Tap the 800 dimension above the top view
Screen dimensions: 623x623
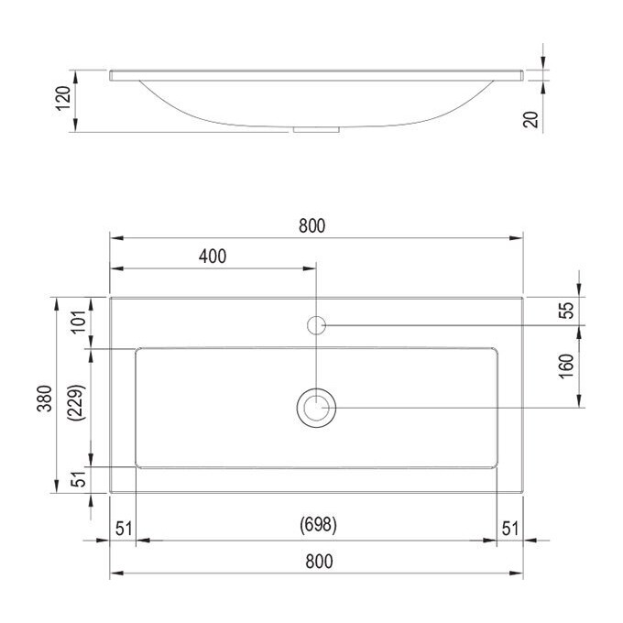pyautogui.click(x=311, y=226)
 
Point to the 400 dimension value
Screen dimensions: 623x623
pyautogui.click(x=212, y=257)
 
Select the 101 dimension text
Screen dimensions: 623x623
pyautogui.click(x=78, y=320)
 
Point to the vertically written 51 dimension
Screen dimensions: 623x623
pyautogui.click(x=78, y=477)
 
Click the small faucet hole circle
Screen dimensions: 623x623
pyautogui.click(x=316, y=324)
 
